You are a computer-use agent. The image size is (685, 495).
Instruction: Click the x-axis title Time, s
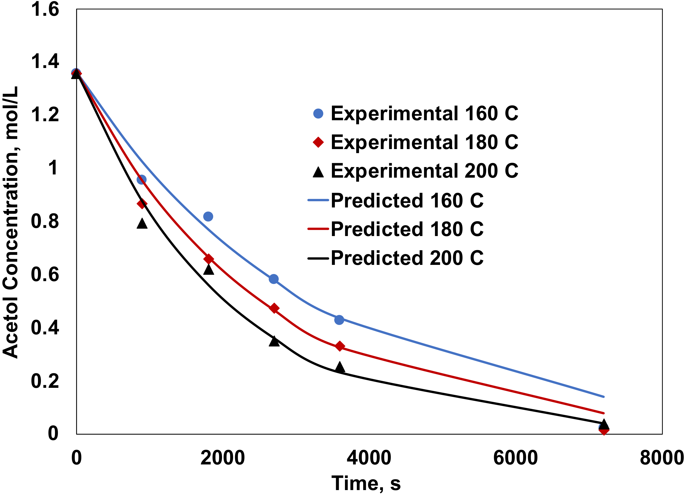point(366,483)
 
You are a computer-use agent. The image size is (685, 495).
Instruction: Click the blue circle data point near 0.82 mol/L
point(208,216)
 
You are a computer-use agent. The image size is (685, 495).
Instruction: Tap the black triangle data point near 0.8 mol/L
point(142,224)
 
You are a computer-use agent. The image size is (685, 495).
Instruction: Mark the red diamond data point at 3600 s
point(340,346)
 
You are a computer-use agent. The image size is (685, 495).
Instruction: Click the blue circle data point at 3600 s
point(339,320)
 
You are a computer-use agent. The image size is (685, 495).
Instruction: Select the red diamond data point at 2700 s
point(274,308)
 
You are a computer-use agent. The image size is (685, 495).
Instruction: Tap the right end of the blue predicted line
point(603,396)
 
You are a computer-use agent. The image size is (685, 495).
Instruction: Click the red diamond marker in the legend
point(318,142)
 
